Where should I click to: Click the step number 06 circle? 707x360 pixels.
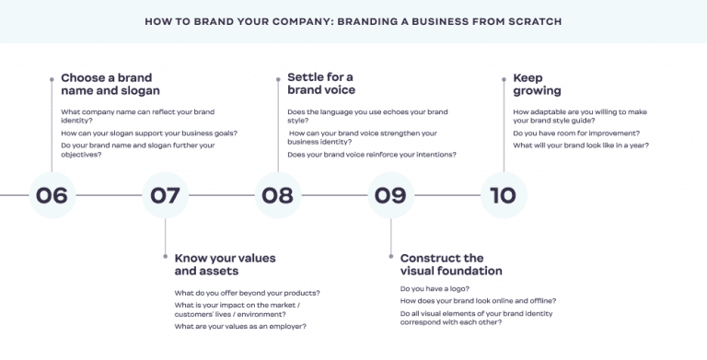(52, 195)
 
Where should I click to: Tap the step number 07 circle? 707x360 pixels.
(165, 195)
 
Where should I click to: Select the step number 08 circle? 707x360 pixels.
(277, 195)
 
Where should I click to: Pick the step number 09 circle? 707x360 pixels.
(390, 195)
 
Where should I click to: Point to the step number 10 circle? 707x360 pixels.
(504, 195)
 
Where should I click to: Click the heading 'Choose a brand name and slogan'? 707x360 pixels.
(110, 84)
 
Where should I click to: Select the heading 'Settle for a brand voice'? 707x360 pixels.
(320, 84)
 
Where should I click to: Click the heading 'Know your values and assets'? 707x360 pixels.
(225, 264)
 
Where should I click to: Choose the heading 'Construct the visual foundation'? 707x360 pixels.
(451, 264)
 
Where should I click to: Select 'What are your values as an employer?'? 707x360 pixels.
(240, 326)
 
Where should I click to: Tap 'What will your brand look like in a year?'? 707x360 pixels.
(581, 145)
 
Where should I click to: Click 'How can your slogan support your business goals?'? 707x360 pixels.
(149, 133)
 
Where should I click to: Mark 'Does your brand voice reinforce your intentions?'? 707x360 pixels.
(372, 154)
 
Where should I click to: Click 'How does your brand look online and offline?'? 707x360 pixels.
(478, 300)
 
